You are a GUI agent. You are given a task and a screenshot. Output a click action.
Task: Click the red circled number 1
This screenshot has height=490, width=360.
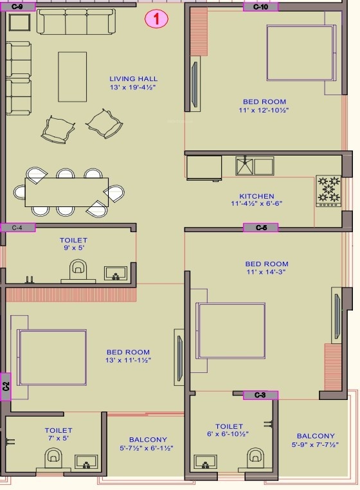tap(156, 19)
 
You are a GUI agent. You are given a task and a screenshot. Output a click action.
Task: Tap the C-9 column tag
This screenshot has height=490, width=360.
tap(17, 6)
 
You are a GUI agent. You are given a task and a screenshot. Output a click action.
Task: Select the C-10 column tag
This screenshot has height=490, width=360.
tap(260, 7)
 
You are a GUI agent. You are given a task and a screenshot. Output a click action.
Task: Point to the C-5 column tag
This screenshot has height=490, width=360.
tap(260, 228)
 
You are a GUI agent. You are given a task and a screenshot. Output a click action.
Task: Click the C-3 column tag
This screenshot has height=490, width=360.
tap(260, 395)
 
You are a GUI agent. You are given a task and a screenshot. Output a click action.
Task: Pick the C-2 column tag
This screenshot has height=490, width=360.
tap(6, 386)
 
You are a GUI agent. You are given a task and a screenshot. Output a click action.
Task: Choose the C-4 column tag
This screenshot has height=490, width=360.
tap(18, 228)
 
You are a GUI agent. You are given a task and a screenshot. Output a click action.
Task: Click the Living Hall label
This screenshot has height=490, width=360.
tap(133, 79)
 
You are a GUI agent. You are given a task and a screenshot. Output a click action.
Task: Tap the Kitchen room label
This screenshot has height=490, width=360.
tap(256, 196)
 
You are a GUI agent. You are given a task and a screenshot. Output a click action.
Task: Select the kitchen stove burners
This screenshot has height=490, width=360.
tap(328, 190)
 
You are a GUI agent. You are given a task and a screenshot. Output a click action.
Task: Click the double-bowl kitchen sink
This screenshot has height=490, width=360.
tap(255, 166)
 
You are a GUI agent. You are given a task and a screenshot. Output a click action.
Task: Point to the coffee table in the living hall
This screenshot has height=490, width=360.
tap(72, 77)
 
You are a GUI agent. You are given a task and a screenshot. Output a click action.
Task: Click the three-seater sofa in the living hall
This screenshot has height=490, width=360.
tap(76, 21)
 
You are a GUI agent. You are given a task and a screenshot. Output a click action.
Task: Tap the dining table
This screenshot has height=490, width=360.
tap(67, 192)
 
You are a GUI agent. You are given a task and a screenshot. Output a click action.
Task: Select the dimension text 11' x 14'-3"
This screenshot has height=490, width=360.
tap(266, 272)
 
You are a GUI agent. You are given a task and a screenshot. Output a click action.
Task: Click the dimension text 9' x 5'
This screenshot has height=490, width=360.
tap(73, 248)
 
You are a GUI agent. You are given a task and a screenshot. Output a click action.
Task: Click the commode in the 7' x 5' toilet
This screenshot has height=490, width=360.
tap(53, 458)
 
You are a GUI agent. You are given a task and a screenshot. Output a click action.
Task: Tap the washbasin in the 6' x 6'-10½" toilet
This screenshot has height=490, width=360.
tap(205, 462)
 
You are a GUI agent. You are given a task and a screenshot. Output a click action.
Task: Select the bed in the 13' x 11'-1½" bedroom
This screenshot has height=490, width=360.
tap(52, 358)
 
